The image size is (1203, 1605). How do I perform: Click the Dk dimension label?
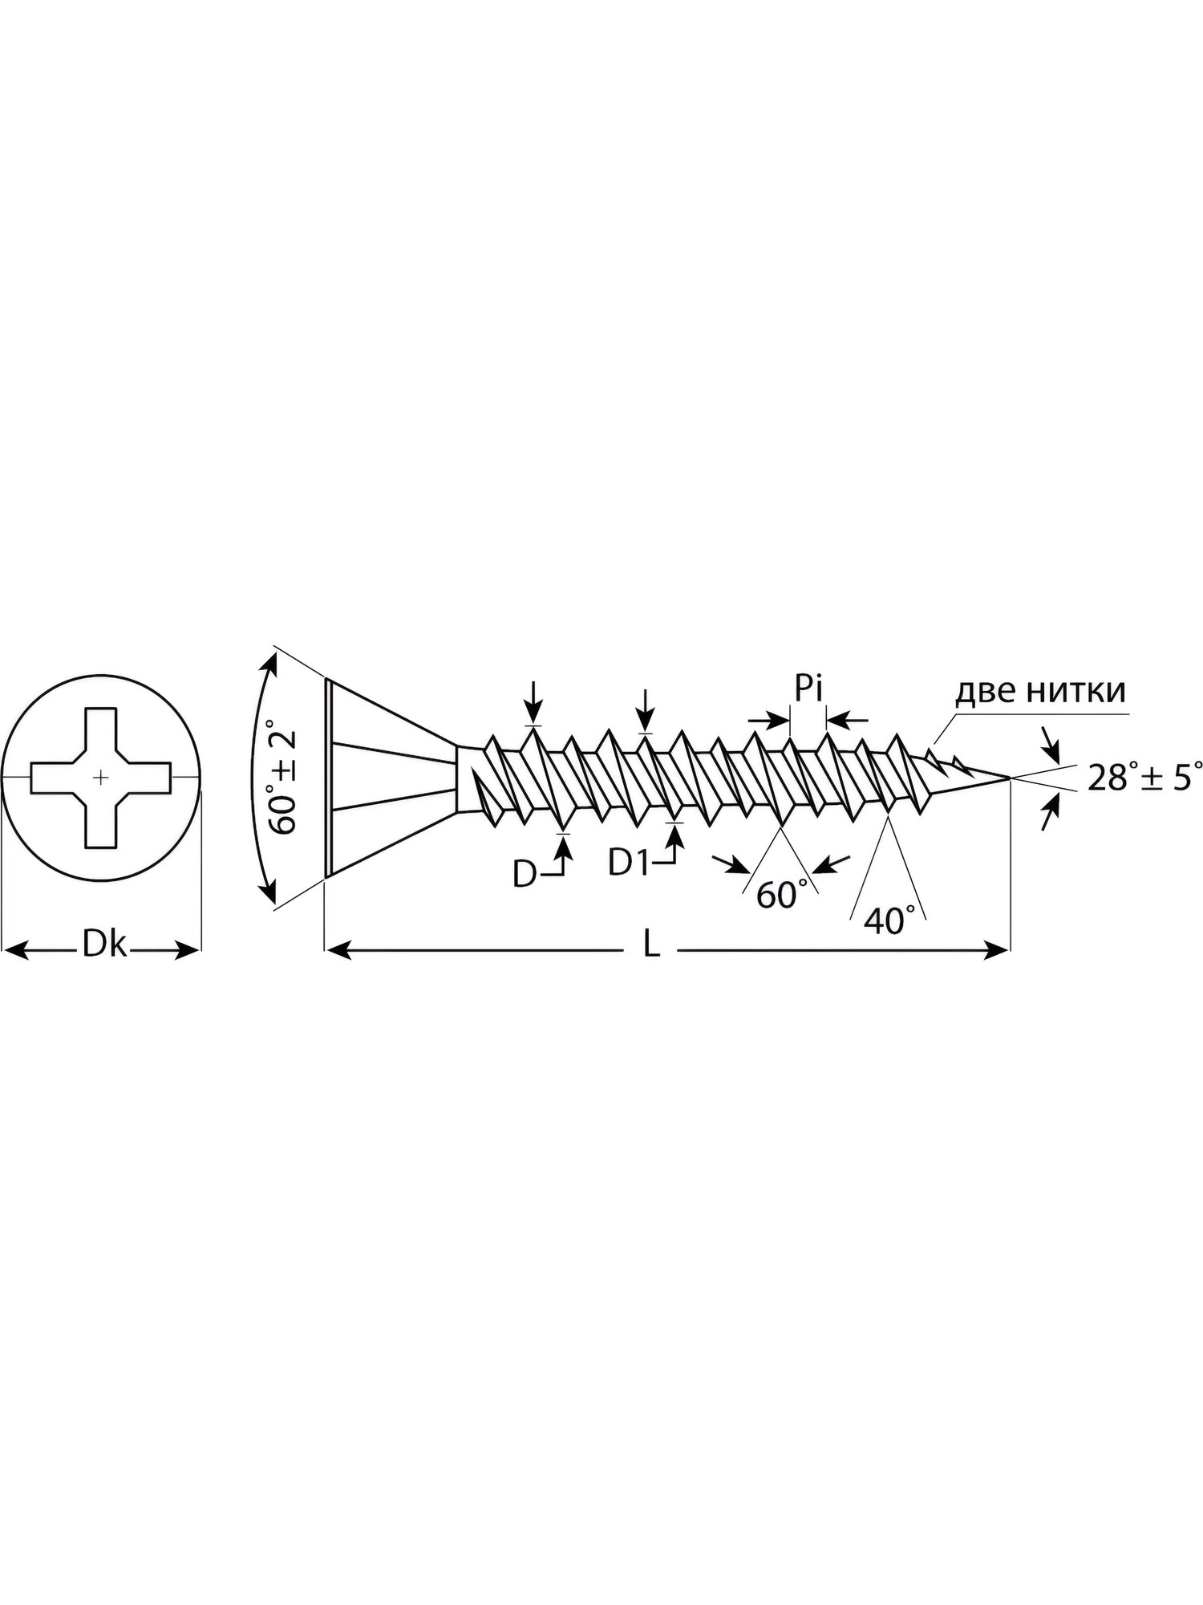pyautogui.click(x=104, y=946)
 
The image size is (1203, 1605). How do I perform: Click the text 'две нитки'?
pyautogui.click(x=1040, y=691)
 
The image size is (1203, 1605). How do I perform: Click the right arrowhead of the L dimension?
pyautogui.click(x=996, y=950)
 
